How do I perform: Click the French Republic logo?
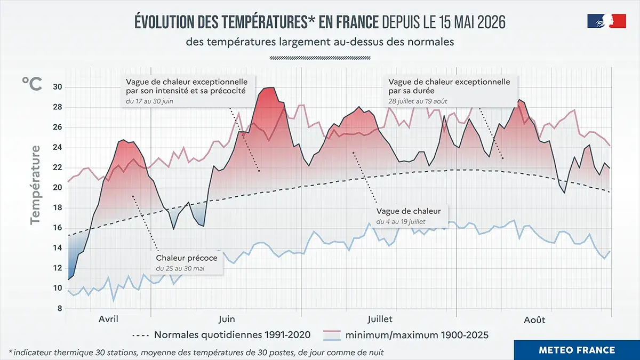606,21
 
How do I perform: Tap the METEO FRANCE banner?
577,350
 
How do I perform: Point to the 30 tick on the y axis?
58,87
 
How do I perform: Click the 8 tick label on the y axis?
60,309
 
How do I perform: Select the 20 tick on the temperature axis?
58,188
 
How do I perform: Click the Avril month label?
108,319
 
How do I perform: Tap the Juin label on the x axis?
227,319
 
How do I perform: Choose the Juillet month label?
380,319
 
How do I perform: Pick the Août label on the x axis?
534,319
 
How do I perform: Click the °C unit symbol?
32,84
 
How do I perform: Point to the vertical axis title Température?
36,185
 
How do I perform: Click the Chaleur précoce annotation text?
187,258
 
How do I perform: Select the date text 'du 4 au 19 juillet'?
401,222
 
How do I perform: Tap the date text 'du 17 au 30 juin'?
149,101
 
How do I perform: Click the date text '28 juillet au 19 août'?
418,101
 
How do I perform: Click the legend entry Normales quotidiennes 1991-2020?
221,335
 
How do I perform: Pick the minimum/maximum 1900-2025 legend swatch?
332,335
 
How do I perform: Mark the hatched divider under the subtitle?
320,58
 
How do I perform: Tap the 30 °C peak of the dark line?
270,87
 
